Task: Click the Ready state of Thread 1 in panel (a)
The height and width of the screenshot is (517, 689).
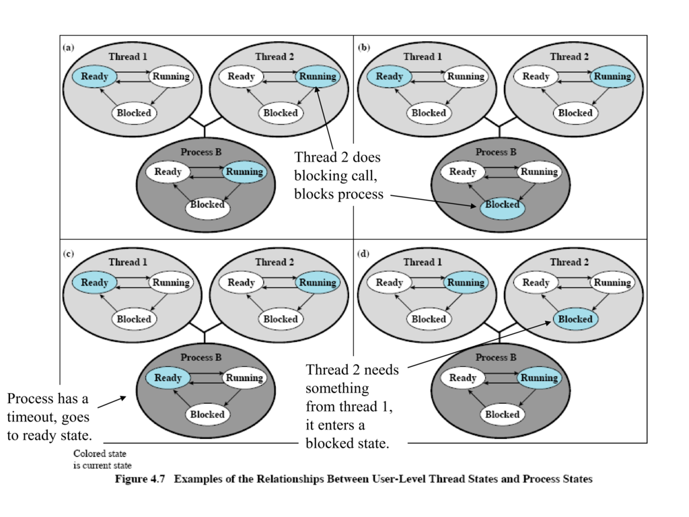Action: [x=95, y=77]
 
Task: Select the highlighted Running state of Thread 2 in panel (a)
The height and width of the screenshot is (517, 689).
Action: [x=318, y=77]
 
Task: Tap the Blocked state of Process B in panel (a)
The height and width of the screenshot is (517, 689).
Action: [x=207, y=205]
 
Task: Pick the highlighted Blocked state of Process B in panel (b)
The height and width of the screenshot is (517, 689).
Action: [x=502, y=205]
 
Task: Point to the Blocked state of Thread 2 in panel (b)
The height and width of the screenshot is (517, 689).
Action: [x=575, y=113]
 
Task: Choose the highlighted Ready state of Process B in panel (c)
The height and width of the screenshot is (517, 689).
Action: [x=168, y=378]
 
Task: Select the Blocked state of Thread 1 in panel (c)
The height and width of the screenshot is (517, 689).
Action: [x=134, y=319]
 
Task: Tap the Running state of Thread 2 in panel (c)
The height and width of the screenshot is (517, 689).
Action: [x=318, y=283]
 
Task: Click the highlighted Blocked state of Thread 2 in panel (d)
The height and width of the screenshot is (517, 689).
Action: [x=575, y=319]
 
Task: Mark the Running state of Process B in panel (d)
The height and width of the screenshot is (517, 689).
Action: [x=540, y=378]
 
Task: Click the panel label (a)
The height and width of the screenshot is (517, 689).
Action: [x=69, y=48]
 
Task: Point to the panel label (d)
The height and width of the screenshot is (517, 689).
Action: [x=364, y=254]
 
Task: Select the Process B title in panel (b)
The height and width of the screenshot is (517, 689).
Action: [x=496, y=152]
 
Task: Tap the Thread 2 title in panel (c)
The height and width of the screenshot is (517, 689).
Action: [x=275, y=262]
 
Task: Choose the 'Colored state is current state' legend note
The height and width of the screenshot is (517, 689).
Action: [x=102, y=459]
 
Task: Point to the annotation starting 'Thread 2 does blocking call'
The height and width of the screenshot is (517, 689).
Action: [x=338, y=176]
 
